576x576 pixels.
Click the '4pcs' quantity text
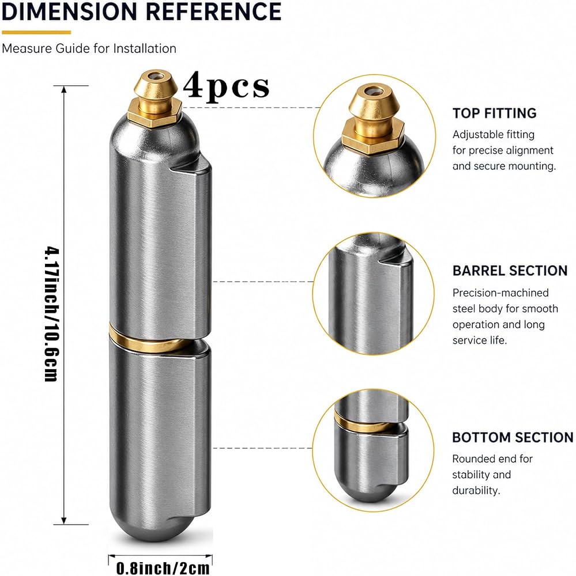click(226, 86)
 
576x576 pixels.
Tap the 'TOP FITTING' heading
click(494, 113)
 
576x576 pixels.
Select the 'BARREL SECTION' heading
click(510, 271)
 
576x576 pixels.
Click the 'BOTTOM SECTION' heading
click(513, 438)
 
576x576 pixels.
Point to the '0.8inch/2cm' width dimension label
click(163, 568)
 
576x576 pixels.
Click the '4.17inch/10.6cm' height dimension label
click(52, 314)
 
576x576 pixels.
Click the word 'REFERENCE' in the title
click(214, 12)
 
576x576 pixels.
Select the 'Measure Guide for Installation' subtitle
click(89, 48)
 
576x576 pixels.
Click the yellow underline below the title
click(36, 32)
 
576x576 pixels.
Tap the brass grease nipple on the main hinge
click(155, 98)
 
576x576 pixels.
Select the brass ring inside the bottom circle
click(364, 423)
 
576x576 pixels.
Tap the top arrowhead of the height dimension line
click(64, 90)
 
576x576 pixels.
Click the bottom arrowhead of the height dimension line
click(64, 520)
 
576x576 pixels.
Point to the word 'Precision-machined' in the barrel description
click(500, 293)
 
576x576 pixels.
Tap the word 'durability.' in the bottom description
click(476, 490)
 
